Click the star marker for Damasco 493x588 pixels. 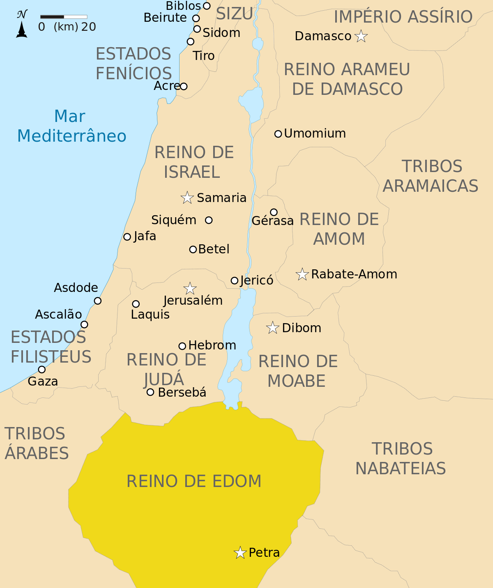(x=361, y=37)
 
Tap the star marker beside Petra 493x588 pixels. (x=240, y=553)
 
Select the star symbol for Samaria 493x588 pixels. (x=187, y=198)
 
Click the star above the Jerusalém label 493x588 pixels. (x=190, y=289)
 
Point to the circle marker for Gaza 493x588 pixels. (x=42, y=370)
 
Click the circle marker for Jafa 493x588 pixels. (x=127, y=237)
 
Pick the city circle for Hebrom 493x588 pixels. (x=182, y=346)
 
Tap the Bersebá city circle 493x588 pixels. (x=150, y=392)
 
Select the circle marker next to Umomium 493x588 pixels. (x=278, y=134)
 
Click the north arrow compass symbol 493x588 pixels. (x=22, y=25)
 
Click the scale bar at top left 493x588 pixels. (x=64, y=17)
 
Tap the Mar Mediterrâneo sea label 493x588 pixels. (x=71, y=126)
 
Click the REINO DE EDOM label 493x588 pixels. (x=194, y=481)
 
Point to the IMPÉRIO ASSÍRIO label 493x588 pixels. (x=403, y=17)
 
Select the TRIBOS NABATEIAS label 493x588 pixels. (x=401, y=459)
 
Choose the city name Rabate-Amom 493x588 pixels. (x=354, y=274)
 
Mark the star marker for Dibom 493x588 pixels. (x=272, y=328)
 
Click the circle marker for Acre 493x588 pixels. (x=184, y=86)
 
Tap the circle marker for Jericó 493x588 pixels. (x=235, y=281)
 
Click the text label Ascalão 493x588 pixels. (x=58, y=315)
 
